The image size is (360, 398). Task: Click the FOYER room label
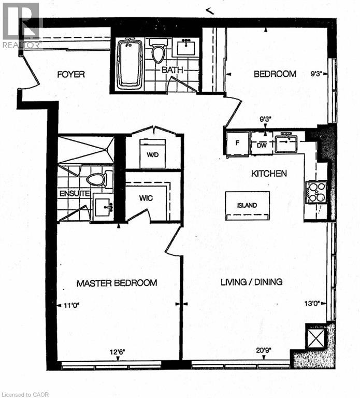pyautogui.click(x=70, y=74)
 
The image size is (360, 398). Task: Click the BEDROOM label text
pyautogui.click(x=275, y=74)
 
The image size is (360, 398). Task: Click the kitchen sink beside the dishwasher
pyautogui.click(x=285, y=142)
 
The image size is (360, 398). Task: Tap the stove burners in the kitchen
pyautogui.click(x=316, y=192)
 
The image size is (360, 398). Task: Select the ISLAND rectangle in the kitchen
pyautogui.click(x=247, y=205)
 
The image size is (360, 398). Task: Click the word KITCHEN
pyautogui.click(x=269, y=174)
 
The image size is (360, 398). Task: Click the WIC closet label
pyautogui.click(x=145, y=198)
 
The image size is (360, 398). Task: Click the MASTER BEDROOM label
pyautogui.click(x=117, y=283)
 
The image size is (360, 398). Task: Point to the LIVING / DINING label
pyautogui.click(x=251, y=282)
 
